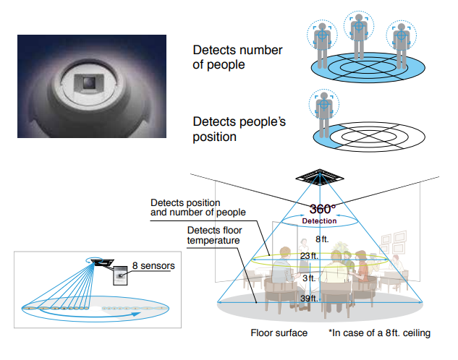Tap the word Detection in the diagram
[x=319, y=220]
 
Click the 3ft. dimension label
[x=309, y=278]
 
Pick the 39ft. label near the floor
[x=309, y=299]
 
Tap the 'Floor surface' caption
[x=279, y=333]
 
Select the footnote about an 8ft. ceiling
[x=380, y=333]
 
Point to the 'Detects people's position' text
[x=239, y=129]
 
